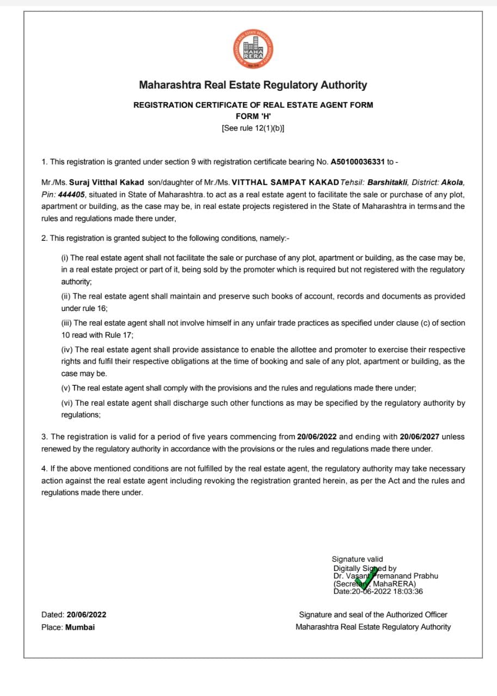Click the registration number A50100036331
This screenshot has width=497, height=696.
pos(358,162)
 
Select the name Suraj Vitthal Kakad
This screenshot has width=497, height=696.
pos(114,183)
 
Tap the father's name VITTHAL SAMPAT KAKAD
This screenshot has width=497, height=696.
pos(285,183)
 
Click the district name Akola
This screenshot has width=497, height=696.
pos(453,183)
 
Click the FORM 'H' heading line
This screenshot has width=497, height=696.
pos(253,116)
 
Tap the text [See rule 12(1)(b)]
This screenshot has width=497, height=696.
pos(253,128)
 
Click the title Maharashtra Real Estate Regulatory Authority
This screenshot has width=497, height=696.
pos(253,85)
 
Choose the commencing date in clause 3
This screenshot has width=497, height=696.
pos(317,437)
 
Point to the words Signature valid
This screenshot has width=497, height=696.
pos(357,559)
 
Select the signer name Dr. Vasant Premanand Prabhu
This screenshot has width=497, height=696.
pos(386,576)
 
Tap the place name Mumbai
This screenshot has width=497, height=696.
pos(80,627)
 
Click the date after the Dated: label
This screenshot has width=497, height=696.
pos(87,615)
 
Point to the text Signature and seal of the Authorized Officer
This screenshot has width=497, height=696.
pos(373,615)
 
